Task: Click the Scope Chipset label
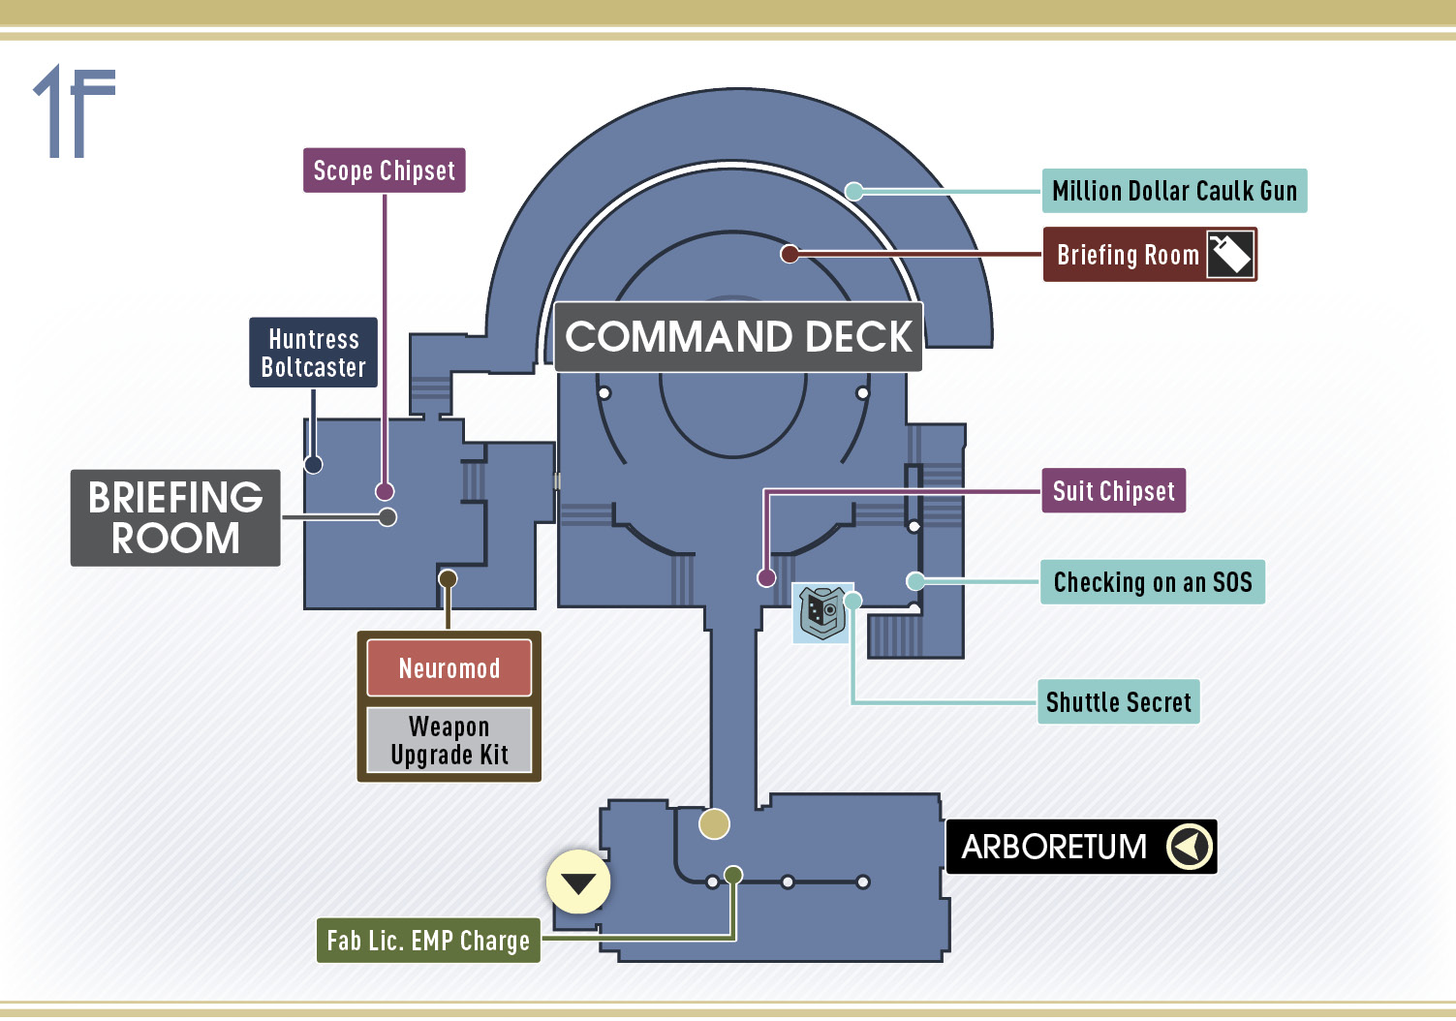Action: [x=385, y=170]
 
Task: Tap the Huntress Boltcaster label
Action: [x=313, y=353]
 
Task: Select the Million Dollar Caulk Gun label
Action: [x=1174, y=191]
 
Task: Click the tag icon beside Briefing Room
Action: [x=1230, y=254]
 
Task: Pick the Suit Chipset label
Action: [x=1113, y=491]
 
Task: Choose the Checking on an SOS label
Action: [x=1153, y=581]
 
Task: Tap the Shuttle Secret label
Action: [x=1119, y=702]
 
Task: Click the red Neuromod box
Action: [x=449, y=668]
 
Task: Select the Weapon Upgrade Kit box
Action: [x=449, y=740]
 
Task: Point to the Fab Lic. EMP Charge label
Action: [x=428, y=941]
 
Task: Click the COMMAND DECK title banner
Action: [x=738, y=337]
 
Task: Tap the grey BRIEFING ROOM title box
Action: [x=175, y=518]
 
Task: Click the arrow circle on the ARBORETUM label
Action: [x=1190, y=847]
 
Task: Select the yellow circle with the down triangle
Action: [x=578, y=882]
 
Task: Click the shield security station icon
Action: [x=822, y=612]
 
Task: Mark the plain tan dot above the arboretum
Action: [x=714, y=824]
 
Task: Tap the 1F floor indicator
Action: [x=75, y=110]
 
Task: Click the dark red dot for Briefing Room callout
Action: [x=790, y=254]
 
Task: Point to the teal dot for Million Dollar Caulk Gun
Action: [x=854, y=191]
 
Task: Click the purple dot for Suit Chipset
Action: [x=766, y=577]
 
